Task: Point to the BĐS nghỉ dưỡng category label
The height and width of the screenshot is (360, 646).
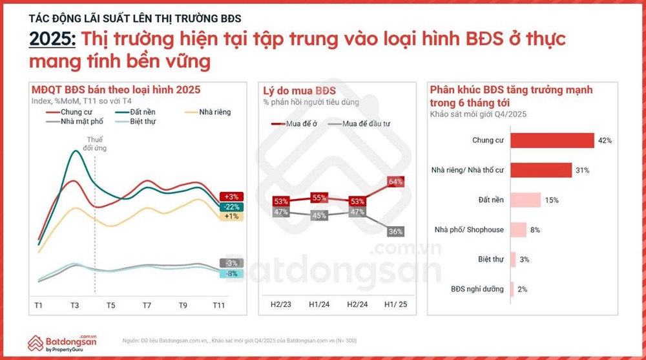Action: click(x=477, y=289)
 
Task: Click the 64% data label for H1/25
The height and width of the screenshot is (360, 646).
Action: click(x=395, y=182)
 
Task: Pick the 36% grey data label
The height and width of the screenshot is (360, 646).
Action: click(x=395, y=231)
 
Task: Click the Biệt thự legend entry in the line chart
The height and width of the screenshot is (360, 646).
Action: click(x=142, y=121)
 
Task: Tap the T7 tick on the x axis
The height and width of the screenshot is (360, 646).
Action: click(x=147, y=304)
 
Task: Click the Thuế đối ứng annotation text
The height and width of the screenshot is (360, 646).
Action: click(x=96, y=143)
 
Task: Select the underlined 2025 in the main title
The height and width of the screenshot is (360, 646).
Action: click(x=53, y=39)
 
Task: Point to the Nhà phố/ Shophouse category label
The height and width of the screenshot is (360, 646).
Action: click(x=474, y=229)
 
